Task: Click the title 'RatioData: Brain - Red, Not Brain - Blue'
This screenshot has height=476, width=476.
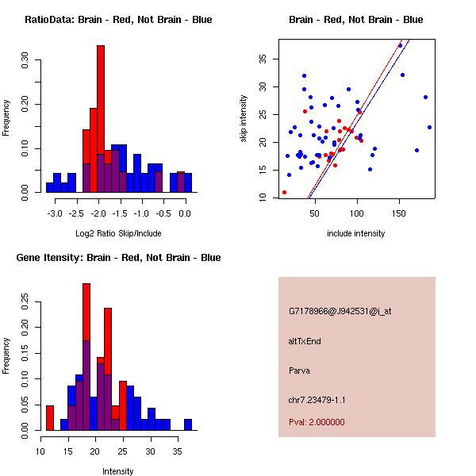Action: coord(118,20)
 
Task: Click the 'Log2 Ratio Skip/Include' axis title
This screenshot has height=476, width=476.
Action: coord(118,233)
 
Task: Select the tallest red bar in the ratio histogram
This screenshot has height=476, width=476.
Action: coord(101,119)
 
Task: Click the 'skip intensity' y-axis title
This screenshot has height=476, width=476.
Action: coord(244,119)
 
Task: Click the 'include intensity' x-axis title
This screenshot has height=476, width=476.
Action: coord(356,233)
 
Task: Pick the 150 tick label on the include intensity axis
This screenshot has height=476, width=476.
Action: coord(399,213)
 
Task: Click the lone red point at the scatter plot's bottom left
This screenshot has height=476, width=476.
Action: coord(284,192)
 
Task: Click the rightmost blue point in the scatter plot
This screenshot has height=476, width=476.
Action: coord(429,127)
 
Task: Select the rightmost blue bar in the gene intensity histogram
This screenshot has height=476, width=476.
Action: coord(188,424)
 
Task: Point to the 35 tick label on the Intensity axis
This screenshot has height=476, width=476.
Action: coord(178,451)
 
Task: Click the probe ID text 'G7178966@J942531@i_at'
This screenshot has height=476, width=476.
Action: coord(340,311)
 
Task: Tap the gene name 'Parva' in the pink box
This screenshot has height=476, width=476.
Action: coord(299,370)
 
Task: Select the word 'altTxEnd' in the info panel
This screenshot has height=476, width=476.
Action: coord(305,340)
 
